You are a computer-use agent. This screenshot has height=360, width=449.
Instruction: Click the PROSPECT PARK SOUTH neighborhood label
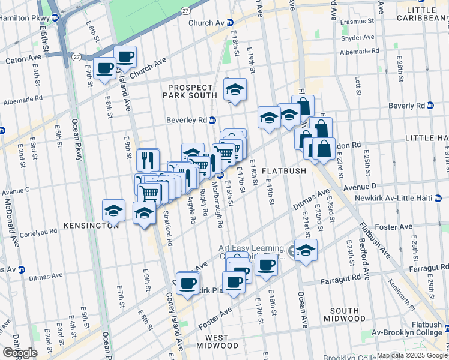192,91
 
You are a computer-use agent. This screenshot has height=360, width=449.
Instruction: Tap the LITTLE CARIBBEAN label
424,13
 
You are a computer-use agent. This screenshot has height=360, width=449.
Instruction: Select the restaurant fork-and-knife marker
148,160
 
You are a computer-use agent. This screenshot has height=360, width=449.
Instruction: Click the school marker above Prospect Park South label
235,89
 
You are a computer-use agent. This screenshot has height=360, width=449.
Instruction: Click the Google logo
20,353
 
